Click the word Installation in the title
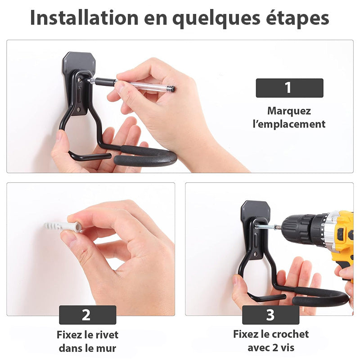(84, 18)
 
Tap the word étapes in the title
(297, 18)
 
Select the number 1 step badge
(289, 88)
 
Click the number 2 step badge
(87, 315)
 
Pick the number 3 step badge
(270, 315)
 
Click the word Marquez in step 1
(289, 111)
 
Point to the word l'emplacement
(289, 124)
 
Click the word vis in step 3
(288, 347)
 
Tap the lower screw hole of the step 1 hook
(79, 109)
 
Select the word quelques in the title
(216, 19)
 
